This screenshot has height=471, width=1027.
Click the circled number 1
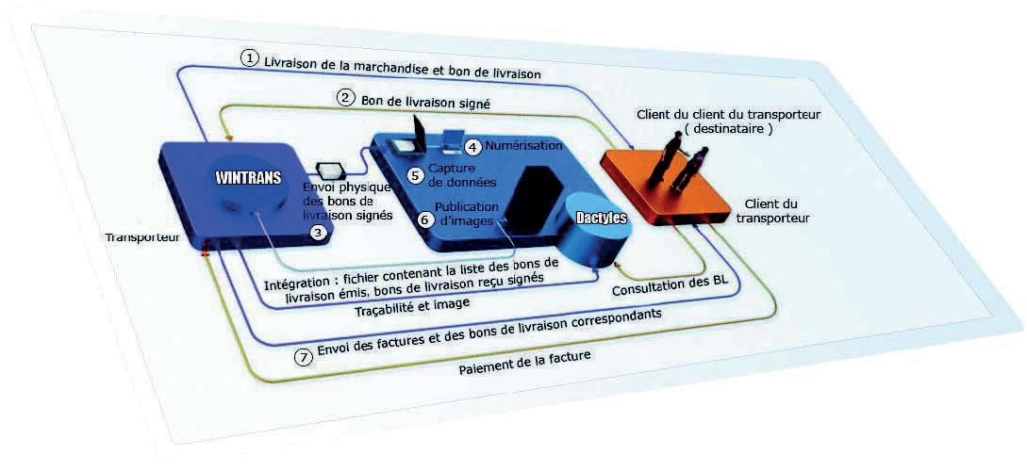[x=249, y=58]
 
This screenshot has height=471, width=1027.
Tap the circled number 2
[x=346, y=97]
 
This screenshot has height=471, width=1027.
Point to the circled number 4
[x=473, y=147]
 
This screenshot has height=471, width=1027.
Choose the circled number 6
[x=424, y=219]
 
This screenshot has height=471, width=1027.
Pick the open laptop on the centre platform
[x=414, y=138]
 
